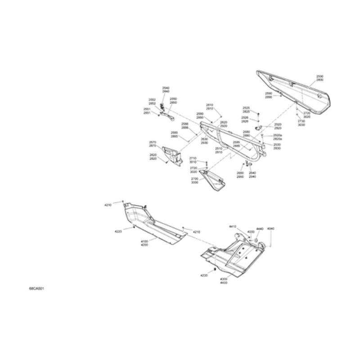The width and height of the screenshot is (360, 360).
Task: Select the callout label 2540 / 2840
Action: tap(166, 90)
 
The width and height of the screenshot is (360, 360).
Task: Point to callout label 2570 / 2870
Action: tap(153, 144)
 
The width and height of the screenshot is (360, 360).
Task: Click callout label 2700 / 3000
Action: tap(194, 180)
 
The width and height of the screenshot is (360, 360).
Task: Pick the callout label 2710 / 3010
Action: tap(193, 160)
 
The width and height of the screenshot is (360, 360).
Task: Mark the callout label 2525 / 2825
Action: tap(246, 110)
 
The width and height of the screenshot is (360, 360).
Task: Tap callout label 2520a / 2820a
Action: tap(278, 137)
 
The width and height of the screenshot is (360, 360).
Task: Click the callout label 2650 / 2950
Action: tap(240, 175)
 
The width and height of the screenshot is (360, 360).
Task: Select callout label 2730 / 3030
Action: tap(301, 123)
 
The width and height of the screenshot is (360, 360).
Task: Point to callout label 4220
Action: tap(118, 231)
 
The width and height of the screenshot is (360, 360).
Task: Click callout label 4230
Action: tap(204, 275)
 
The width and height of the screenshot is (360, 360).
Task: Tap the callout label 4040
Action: tap(270, 229)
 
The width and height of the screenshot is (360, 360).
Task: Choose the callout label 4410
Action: tap(233, 226)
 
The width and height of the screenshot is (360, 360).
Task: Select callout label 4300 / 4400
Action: tap(223, 281)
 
